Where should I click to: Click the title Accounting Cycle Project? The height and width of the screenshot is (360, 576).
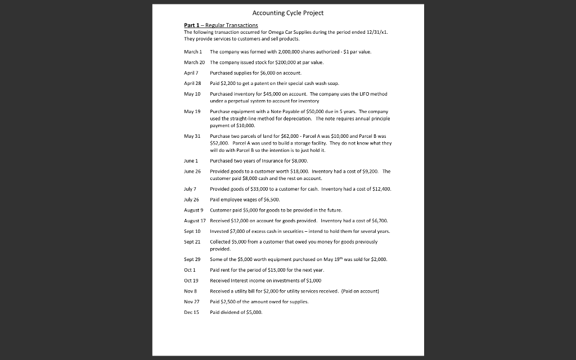[288, 13]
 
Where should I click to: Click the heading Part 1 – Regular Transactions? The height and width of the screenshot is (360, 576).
[221, 25]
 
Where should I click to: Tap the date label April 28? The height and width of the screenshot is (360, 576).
[191, 83]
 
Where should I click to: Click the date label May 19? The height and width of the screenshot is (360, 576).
[192, 112]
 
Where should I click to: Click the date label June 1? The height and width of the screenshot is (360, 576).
[191, 160]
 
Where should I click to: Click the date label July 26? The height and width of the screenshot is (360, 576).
[191, 200]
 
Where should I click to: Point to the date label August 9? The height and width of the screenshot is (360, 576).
[193, 210]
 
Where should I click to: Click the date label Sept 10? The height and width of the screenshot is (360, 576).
[192, 231]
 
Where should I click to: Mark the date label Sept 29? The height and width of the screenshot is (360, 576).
[192, 259]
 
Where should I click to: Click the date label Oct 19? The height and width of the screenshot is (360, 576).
[191, 280]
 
